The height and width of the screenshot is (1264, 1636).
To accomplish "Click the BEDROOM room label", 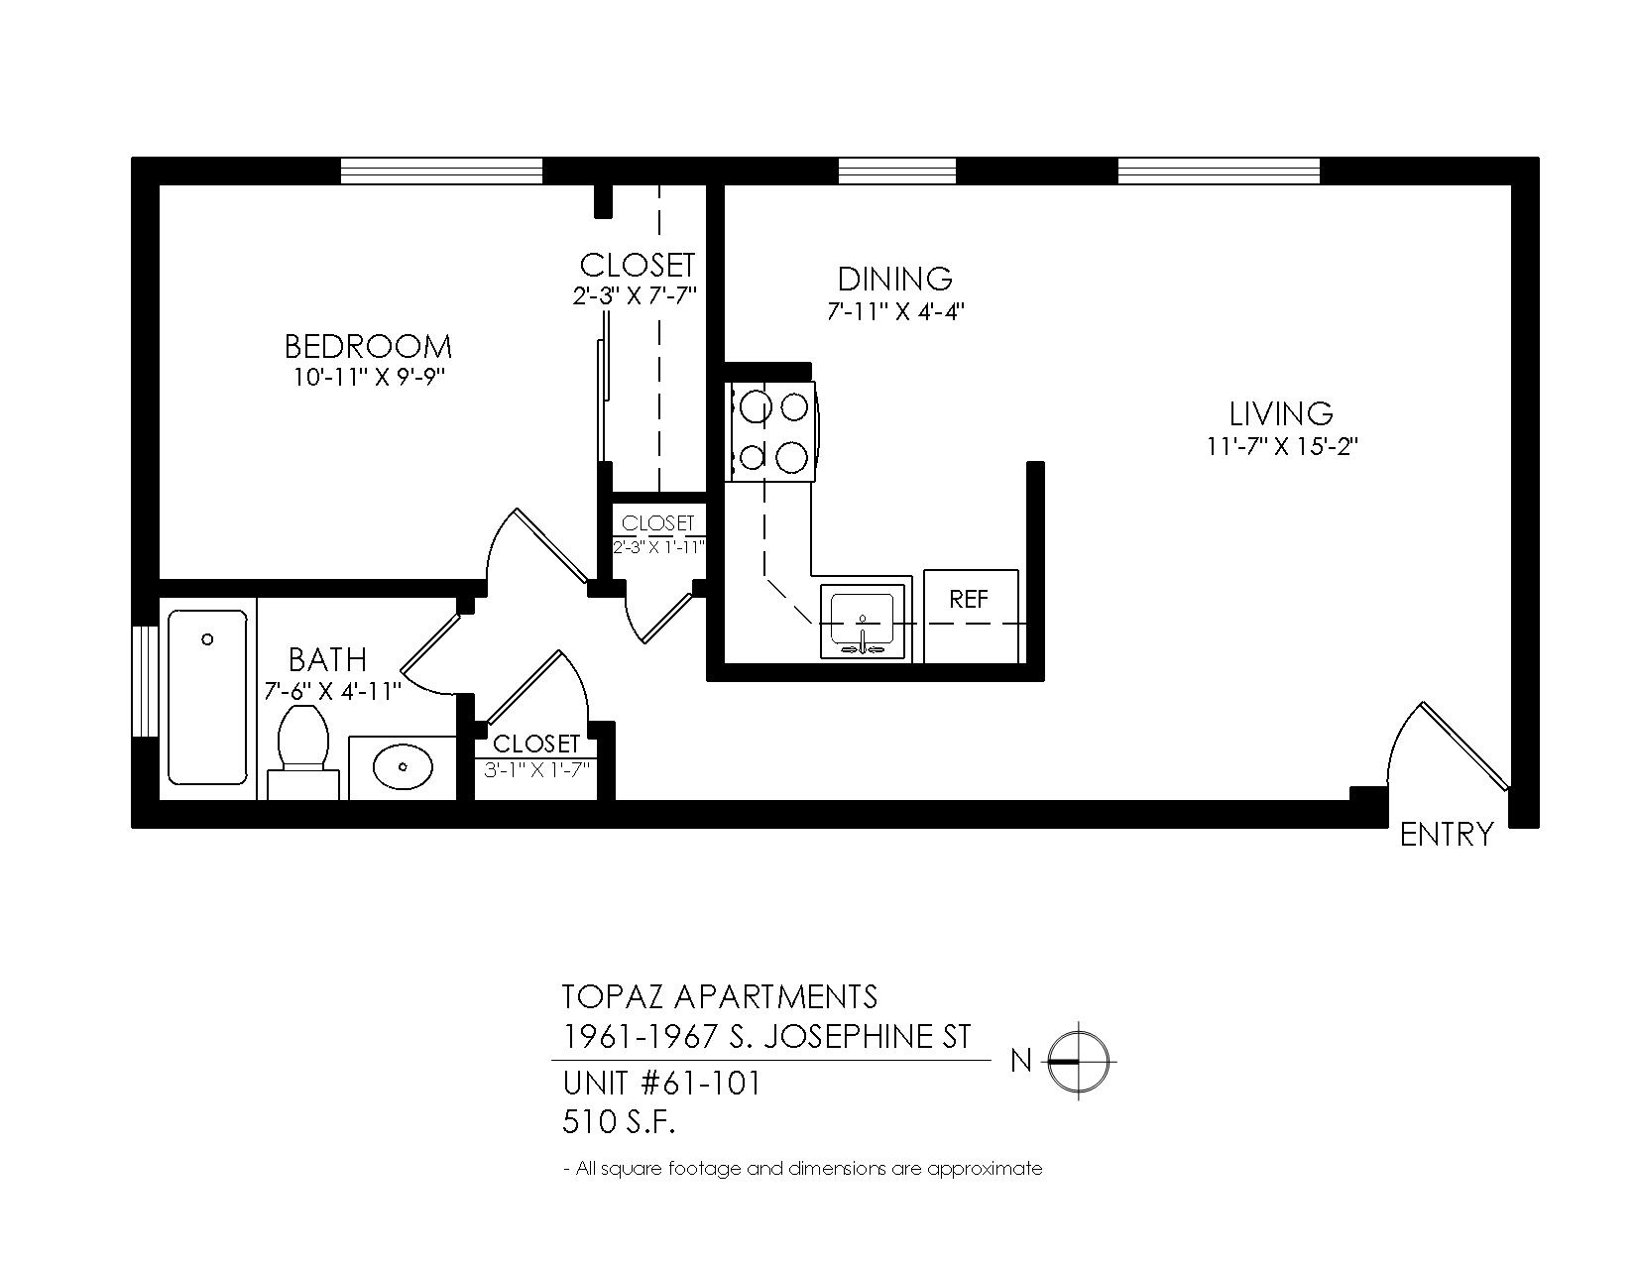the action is coord(368,346).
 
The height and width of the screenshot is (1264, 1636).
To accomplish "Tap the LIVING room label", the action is coord(1281,414).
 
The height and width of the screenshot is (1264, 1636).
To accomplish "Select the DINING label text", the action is coord(895,280).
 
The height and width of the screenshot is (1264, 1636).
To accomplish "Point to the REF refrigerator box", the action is coord(971,617).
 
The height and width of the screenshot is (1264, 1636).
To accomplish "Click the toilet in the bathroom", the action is coord(303,752).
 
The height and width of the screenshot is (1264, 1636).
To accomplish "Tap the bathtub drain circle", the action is coord(208,639).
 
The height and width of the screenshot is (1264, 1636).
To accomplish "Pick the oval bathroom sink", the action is coord(403,766).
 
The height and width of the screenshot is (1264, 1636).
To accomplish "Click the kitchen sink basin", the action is coord(863,622).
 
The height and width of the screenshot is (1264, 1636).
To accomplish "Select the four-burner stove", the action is coord(770,431).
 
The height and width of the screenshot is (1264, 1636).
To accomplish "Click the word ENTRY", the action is coord(1447,835).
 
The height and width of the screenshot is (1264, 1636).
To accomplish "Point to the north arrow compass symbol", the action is coord(1079,1062).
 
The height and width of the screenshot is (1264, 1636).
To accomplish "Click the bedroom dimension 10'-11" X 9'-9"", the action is coord(369,377).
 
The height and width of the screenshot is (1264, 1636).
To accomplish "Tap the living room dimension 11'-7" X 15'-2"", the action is coord(1282,446).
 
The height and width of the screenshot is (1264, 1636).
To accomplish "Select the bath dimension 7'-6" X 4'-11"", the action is coord(332,690).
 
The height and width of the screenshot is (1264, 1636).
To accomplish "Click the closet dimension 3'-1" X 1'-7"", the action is coord(536,770).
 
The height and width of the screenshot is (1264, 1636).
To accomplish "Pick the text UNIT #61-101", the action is coord(661,1085).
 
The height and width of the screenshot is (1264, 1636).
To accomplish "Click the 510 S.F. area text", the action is coord(619,1122).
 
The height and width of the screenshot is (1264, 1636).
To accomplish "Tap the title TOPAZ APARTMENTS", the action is coord(720,997).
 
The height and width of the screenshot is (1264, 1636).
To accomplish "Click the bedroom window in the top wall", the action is coord(442,171).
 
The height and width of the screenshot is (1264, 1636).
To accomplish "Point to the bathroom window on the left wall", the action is coord(146,681).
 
